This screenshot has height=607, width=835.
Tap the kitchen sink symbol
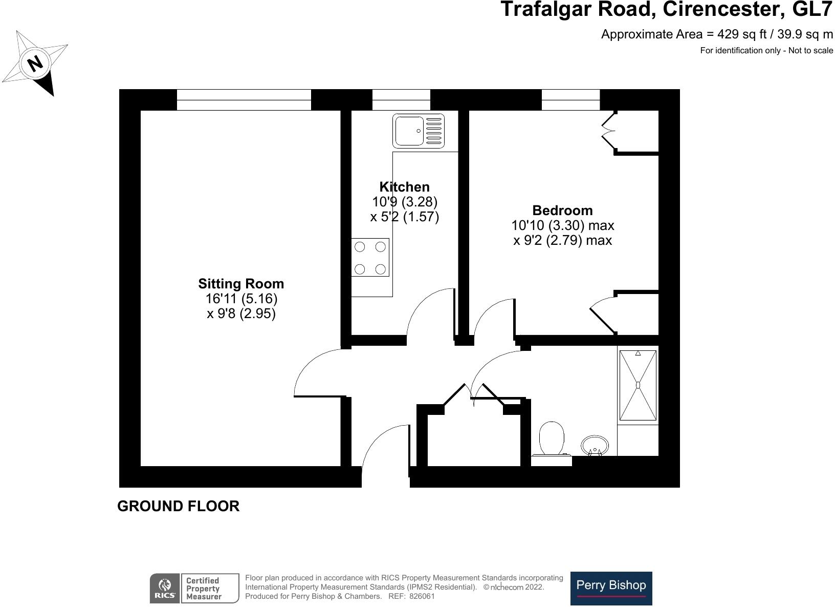pyautogui.click(x=418, y=131)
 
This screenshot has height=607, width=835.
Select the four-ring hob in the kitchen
pyautogui.click(x=370, y=258)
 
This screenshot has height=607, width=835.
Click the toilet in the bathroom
pyautogui.click(x=551, y=438)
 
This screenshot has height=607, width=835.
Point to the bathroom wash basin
pyautogui.click(x=595, y=446)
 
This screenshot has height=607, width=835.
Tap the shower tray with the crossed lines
pyautogui.click(x=638, y=385)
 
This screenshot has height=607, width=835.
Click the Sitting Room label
pyautogui.click(x=241, y=284)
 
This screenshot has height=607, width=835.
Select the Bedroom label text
pyautogui.click(x=562, y=211)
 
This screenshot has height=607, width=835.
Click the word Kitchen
pyautogui.click(x=404, y=187)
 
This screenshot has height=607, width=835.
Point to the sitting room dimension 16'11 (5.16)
pyautogui.click(x=241, y=299)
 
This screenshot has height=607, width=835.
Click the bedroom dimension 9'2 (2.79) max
pyautogui.click(x=562, y=240)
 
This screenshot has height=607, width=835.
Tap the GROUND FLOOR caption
pyautogui.click(x=178, y=506)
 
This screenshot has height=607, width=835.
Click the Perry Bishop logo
pyautogui.click(x=611, y=588)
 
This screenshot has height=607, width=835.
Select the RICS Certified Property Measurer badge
pyautogui.click(x=194, y=588)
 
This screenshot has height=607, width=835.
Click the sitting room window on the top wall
pyautogui.click(x=244, y=100)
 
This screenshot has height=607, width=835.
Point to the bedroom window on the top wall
pyautogui.click(x=570, y=100)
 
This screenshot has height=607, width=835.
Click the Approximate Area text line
pyautogui.click(x=717, y=34)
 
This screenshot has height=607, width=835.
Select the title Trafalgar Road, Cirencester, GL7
pyautogui.click(x=667, y=10)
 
